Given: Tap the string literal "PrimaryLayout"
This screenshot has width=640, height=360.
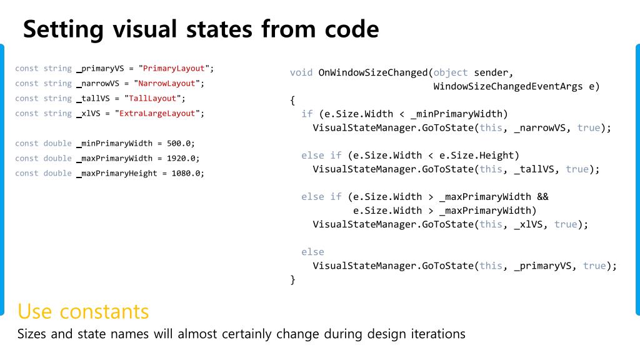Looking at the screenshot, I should (176, 68).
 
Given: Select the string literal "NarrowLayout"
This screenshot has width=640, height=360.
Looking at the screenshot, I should (167, 83).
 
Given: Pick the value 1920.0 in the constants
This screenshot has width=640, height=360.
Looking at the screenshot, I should (181, 158).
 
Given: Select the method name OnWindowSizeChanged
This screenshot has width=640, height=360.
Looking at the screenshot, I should (373, 72).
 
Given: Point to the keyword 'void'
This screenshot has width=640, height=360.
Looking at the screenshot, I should (301, 72).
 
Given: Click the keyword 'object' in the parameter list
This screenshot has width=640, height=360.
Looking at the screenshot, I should (451, 72).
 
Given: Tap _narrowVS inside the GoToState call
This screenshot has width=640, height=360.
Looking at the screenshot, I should (539, 127).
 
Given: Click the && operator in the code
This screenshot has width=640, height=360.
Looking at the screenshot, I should (542, 196).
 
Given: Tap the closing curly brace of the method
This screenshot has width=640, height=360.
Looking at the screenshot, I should (292, 279).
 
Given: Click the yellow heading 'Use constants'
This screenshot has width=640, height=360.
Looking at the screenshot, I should (83, 311).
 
